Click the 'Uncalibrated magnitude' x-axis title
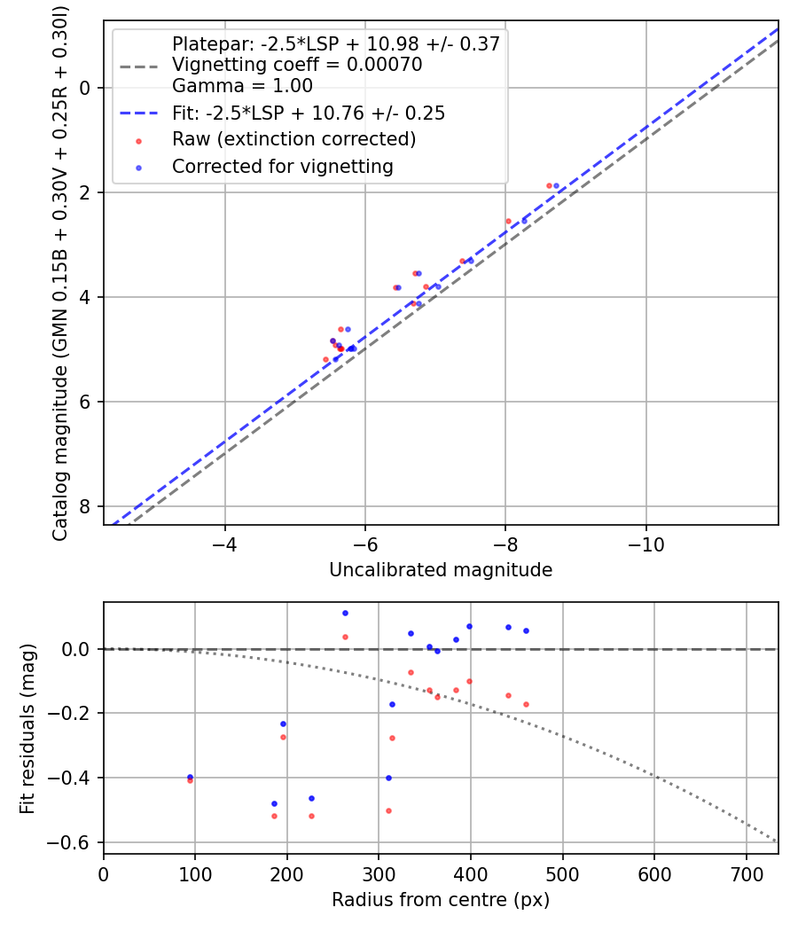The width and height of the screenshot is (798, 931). click(x=441, y=570)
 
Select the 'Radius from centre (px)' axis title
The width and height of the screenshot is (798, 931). click(x=441, y=900)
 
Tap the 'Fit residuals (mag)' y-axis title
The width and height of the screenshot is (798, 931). click(x=27, y=728)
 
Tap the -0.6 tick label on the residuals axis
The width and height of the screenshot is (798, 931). click(x=76, y=841)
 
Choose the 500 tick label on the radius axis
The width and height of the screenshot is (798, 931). click(x=562, y=873)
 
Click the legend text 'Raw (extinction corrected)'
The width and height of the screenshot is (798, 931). click(x=293, y=139)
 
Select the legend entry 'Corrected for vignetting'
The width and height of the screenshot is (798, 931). click(x=283, y=166)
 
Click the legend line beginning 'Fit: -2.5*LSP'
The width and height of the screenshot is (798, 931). click(x=309, y=113)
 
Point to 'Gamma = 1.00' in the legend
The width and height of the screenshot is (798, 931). click(x=242, y=86)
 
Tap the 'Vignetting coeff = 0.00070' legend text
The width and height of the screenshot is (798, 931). click(x=297, y=65)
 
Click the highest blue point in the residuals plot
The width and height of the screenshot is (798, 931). click(x=345, y=613)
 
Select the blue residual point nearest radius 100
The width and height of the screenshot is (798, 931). click(x=190, y=777)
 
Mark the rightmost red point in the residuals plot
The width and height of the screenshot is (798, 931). click(x=526, y=704)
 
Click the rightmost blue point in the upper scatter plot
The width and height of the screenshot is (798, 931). click(x=556, y=186)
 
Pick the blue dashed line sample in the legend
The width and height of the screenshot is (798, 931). click(x=138, y=113)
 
